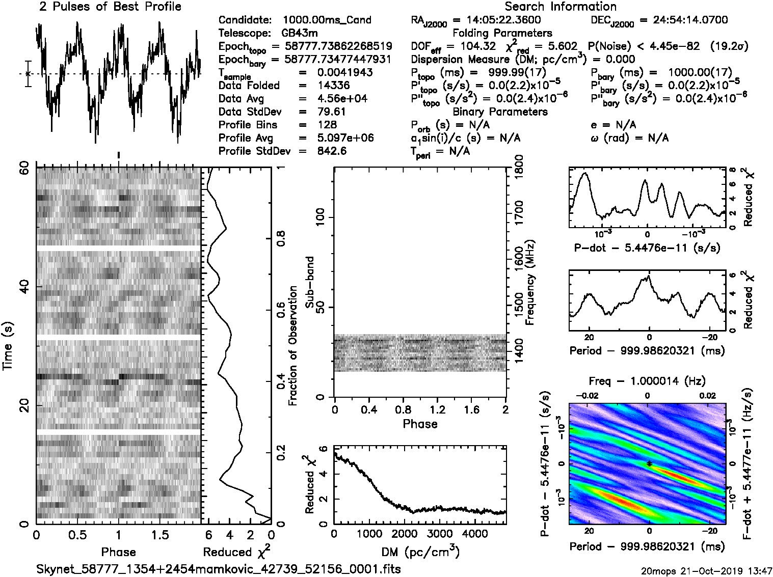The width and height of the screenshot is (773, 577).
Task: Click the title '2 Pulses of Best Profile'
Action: [x=110, y=7]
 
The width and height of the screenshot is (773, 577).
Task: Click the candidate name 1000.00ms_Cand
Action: [x=327, y=20]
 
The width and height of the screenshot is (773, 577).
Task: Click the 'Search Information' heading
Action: [x=561, y=7]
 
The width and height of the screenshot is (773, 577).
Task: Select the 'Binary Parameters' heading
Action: [x=500, y=112]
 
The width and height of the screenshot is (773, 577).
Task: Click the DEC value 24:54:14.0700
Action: [x=683, y=20]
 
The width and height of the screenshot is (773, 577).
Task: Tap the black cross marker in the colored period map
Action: [x=649, y=463]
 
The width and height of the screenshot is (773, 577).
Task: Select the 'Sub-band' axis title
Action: [x=309, y=282]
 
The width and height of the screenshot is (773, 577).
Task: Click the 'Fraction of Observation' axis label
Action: [x=292, y=345]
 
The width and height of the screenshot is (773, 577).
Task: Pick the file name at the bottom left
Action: [x=218, y=569]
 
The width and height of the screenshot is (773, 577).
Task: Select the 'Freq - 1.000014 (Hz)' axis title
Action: [x=647, y=380]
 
